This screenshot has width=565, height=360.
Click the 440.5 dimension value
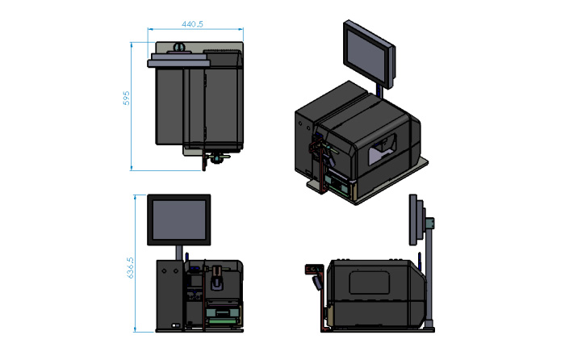[x=192, y=24]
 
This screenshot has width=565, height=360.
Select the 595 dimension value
[x=127, y=98]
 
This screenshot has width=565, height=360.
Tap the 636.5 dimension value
[x=131, y=268]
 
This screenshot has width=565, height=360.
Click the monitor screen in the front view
[x=179, y=220]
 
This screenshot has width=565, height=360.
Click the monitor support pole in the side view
[x=429, y=274]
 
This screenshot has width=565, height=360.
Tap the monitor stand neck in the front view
[x=179, y=253]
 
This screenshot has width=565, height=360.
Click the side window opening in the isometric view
[x=382, y=149]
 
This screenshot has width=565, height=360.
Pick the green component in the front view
[x=222, y=320]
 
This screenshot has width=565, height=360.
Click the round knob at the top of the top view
[x=178, y=47]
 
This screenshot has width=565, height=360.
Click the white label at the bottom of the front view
[x=176, y=325]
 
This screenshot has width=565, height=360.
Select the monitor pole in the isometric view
[x=379, y=91]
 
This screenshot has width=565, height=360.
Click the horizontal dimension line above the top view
[x=195, y=29]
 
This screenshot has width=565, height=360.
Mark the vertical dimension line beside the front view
[x=135, y=263]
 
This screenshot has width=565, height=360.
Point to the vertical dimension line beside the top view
[x=132, y=107]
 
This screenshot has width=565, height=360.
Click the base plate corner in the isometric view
[x=357, y=203]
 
